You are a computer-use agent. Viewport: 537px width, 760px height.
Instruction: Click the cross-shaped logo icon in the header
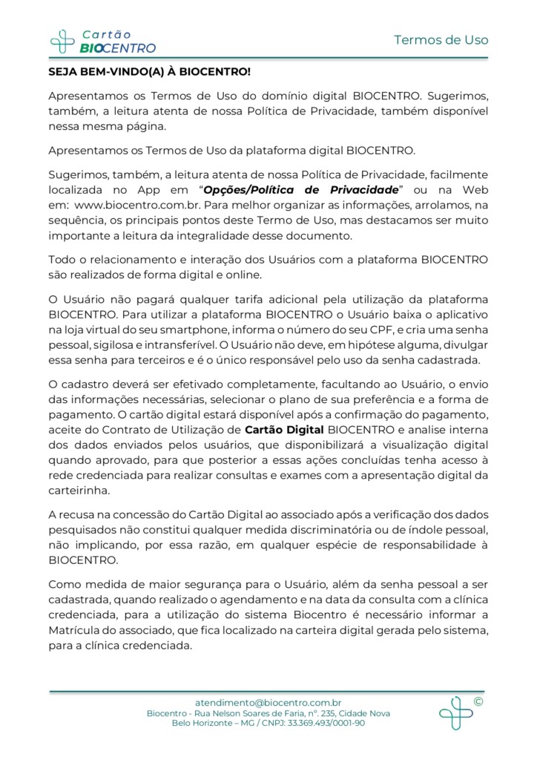tap(62, 41)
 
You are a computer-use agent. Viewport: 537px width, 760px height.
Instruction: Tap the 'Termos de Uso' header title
tap(441, 40)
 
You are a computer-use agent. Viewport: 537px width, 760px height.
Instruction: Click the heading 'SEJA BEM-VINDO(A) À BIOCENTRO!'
tap(149, 73)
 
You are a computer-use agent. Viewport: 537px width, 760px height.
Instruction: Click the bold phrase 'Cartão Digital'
tap(284, 430)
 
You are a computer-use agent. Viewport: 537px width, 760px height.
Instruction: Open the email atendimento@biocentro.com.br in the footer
tap(268, 702)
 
